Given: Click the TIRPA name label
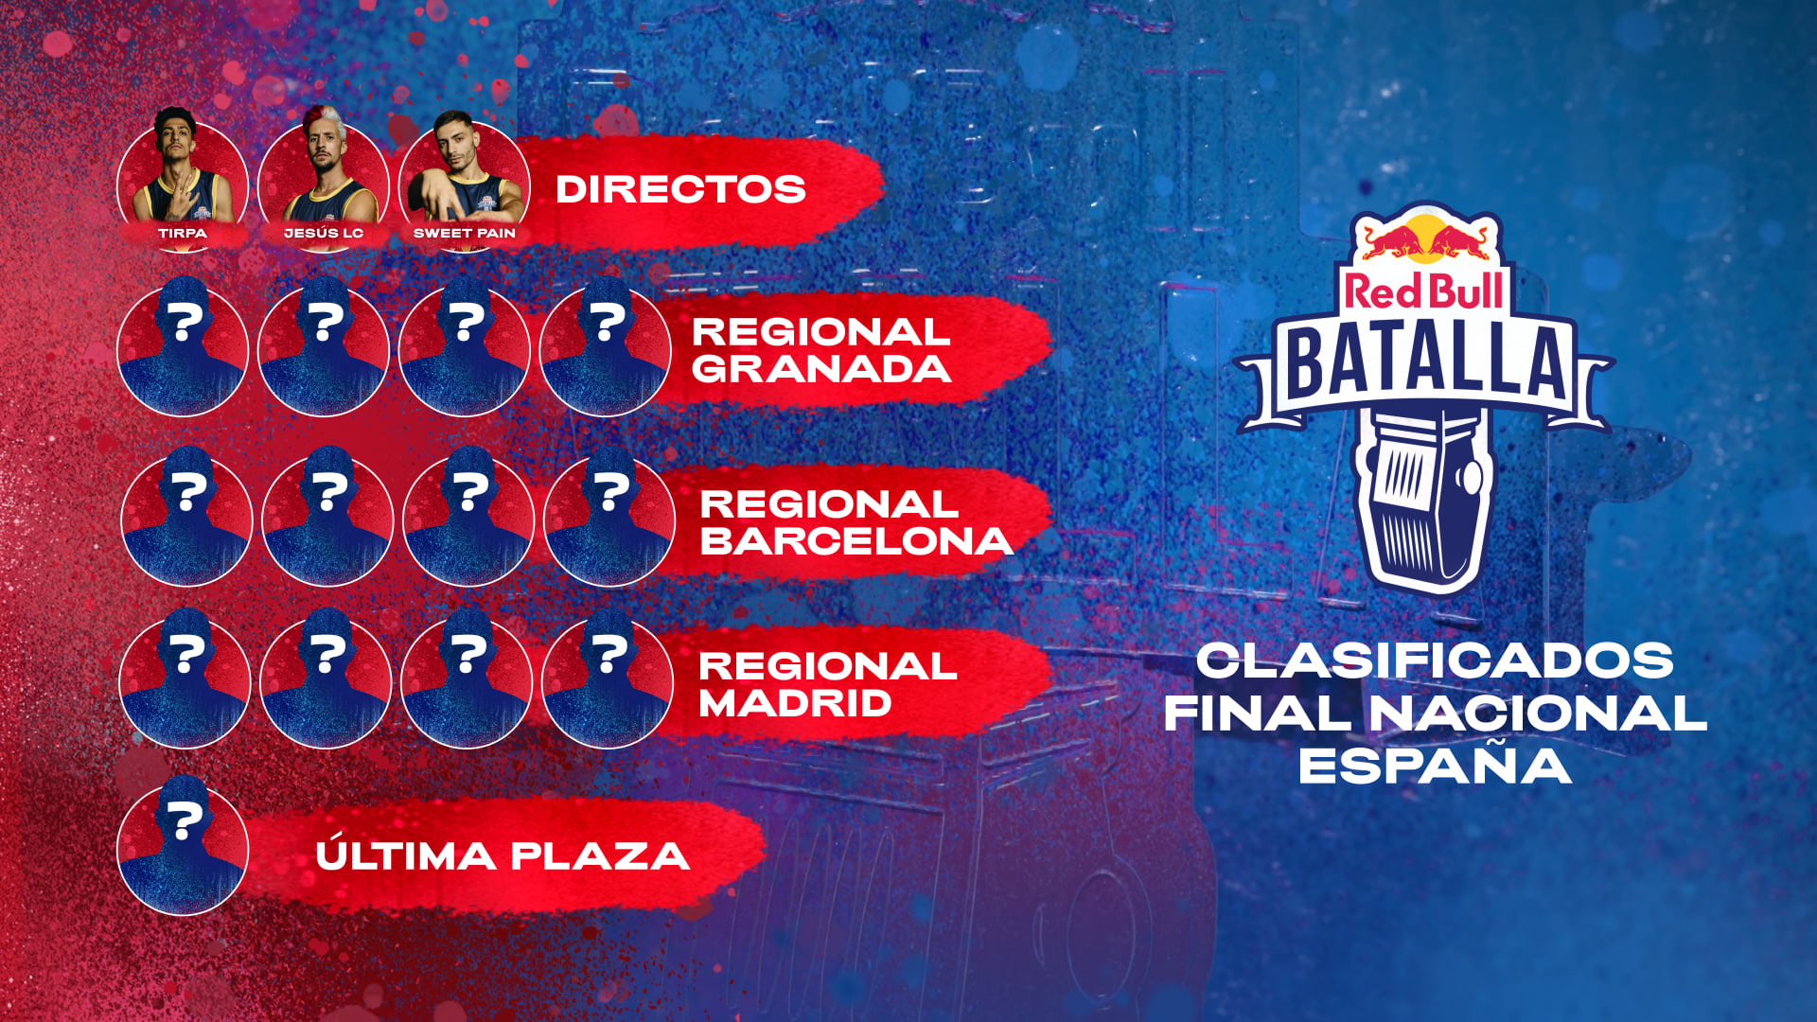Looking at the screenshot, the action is pos(182,233).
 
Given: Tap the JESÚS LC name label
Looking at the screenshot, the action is pos(324,233).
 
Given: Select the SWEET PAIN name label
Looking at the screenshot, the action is pos(465,233).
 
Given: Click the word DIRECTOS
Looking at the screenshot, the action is pos(680,189).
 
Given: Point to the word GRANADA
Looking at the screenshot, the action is pos(821,369).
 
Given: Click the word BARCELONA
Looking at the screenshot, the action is pos(856,540).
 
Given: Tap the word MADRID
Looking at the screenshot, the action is pos(795,703).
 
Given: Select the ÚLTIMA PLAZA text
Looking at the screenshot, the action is pos(502,856).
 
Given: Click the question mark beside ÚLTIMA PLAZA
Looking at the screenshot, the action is pos(184,820).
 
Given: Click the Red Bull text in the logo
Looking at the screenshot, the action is pos(1423,291).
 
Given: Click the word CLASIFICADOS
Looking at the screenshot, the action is pos(1435,661).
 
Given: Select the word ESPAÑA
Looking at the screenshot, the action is pos(1435,765).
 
